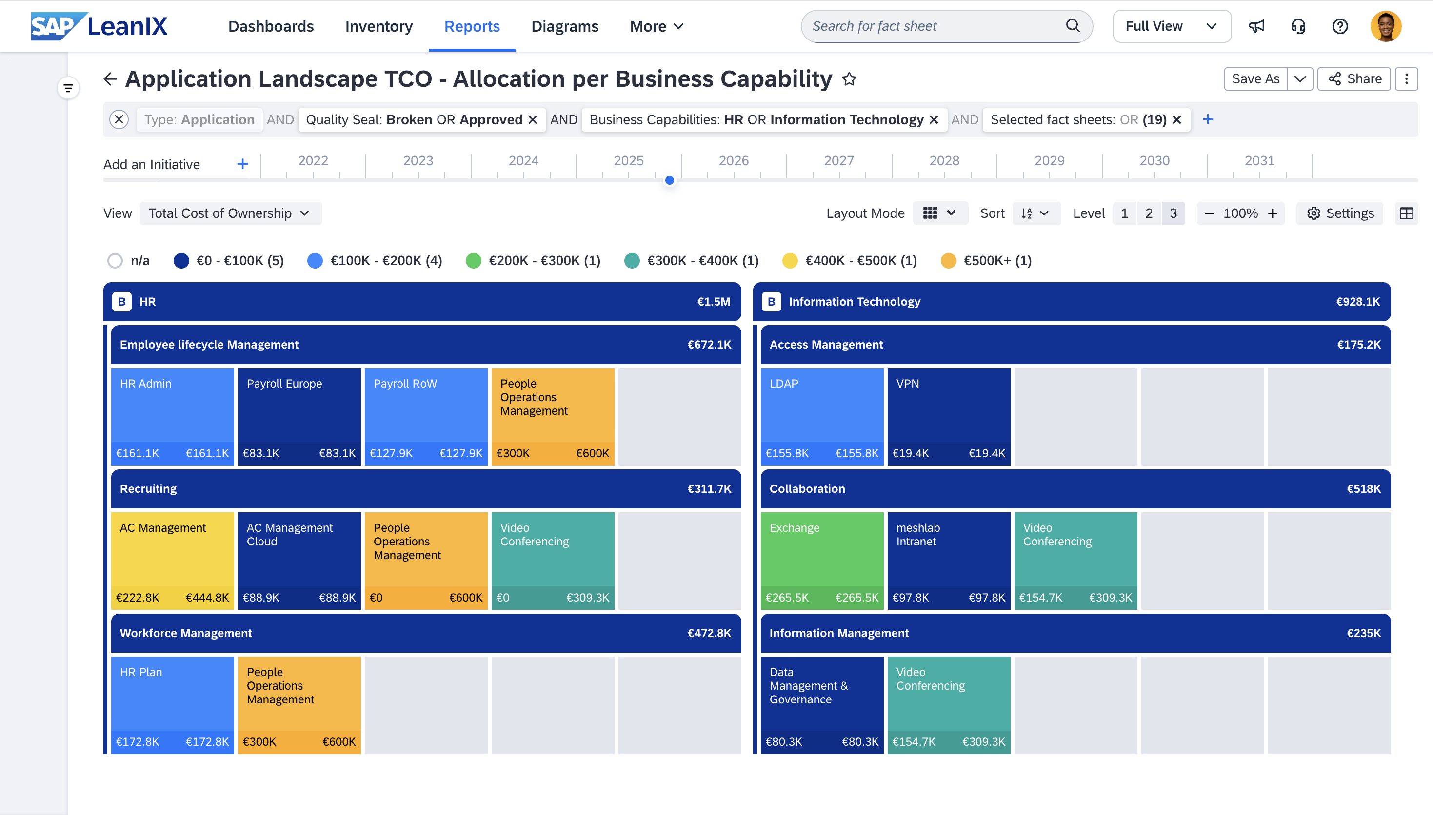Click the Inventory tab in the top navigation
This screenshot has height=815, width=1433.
(378, 26)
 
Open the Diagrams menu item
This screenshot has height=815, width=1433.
(564, 26)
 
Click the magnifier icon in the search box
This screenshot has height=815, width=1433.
(1073, 26)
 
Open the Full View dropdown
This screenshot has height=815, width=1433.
(1171, 26)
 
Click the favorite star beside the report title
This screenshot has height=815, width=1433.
(849, 79)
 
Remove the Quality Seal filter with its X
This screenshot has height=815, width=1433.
(533, 120)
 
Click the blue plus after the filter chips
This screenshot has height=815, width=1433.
(1208, 119)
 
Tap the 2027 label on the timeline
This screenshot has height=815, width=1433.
(838, 161)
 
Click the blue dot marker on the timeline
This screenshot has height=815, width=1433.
(669, 180)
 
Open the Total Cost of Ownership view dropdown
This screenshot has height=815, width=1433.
(230, 213)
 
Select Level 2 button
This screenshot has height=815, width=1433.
(1149, 213)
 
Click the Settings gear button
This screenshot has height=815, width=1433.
(1339, 213)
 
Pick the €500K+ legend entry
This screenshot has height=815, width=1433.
(986, 261)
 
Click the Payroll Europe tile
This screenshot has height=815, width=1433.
(299, 415)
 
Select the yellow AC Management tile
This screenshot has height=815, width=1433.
(172, 560)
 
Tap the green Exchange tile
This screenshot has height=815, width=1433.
(821, 560)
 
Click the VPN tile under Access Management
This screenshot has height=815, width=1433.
(948, 415)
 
